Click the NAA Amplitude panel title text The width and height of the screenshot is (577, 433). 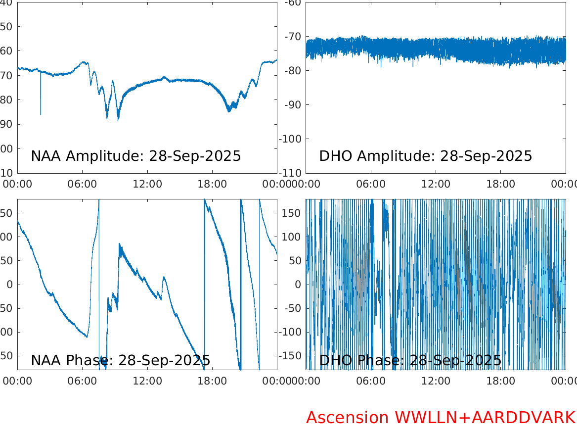[135, 156]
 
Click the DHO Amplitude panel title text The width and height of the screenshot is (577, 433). [425, 156]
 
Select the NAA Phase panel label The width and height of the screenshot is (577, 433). [120, 360]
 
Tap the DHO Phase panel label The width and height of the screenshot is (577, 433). [410, 360]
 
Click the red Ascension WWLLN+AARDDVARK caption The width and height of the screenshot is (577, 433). [441, 418]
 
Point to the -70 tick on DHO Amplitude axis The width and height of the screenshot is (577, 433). [294, 37]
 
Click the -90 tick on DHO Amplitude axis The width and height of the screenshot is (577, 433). [294, 105]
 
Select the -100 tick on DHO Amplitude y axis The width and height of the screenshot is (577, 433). [291, 139]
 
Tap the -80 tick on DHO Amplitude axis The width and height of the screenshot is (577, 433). [294, 71]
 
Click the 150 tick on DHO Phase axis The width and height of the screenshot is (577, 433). [292, 213]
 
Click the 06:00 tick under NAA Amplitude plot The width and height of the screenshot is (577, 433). [82, 184]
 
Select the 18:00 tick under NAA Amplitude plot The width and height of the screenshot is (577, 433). [212, 184]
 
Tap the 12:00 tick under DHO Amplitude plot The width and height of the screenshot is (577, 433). [436, 184]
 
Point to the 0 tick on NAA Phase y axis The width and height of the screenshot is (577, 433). [11, 285]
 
